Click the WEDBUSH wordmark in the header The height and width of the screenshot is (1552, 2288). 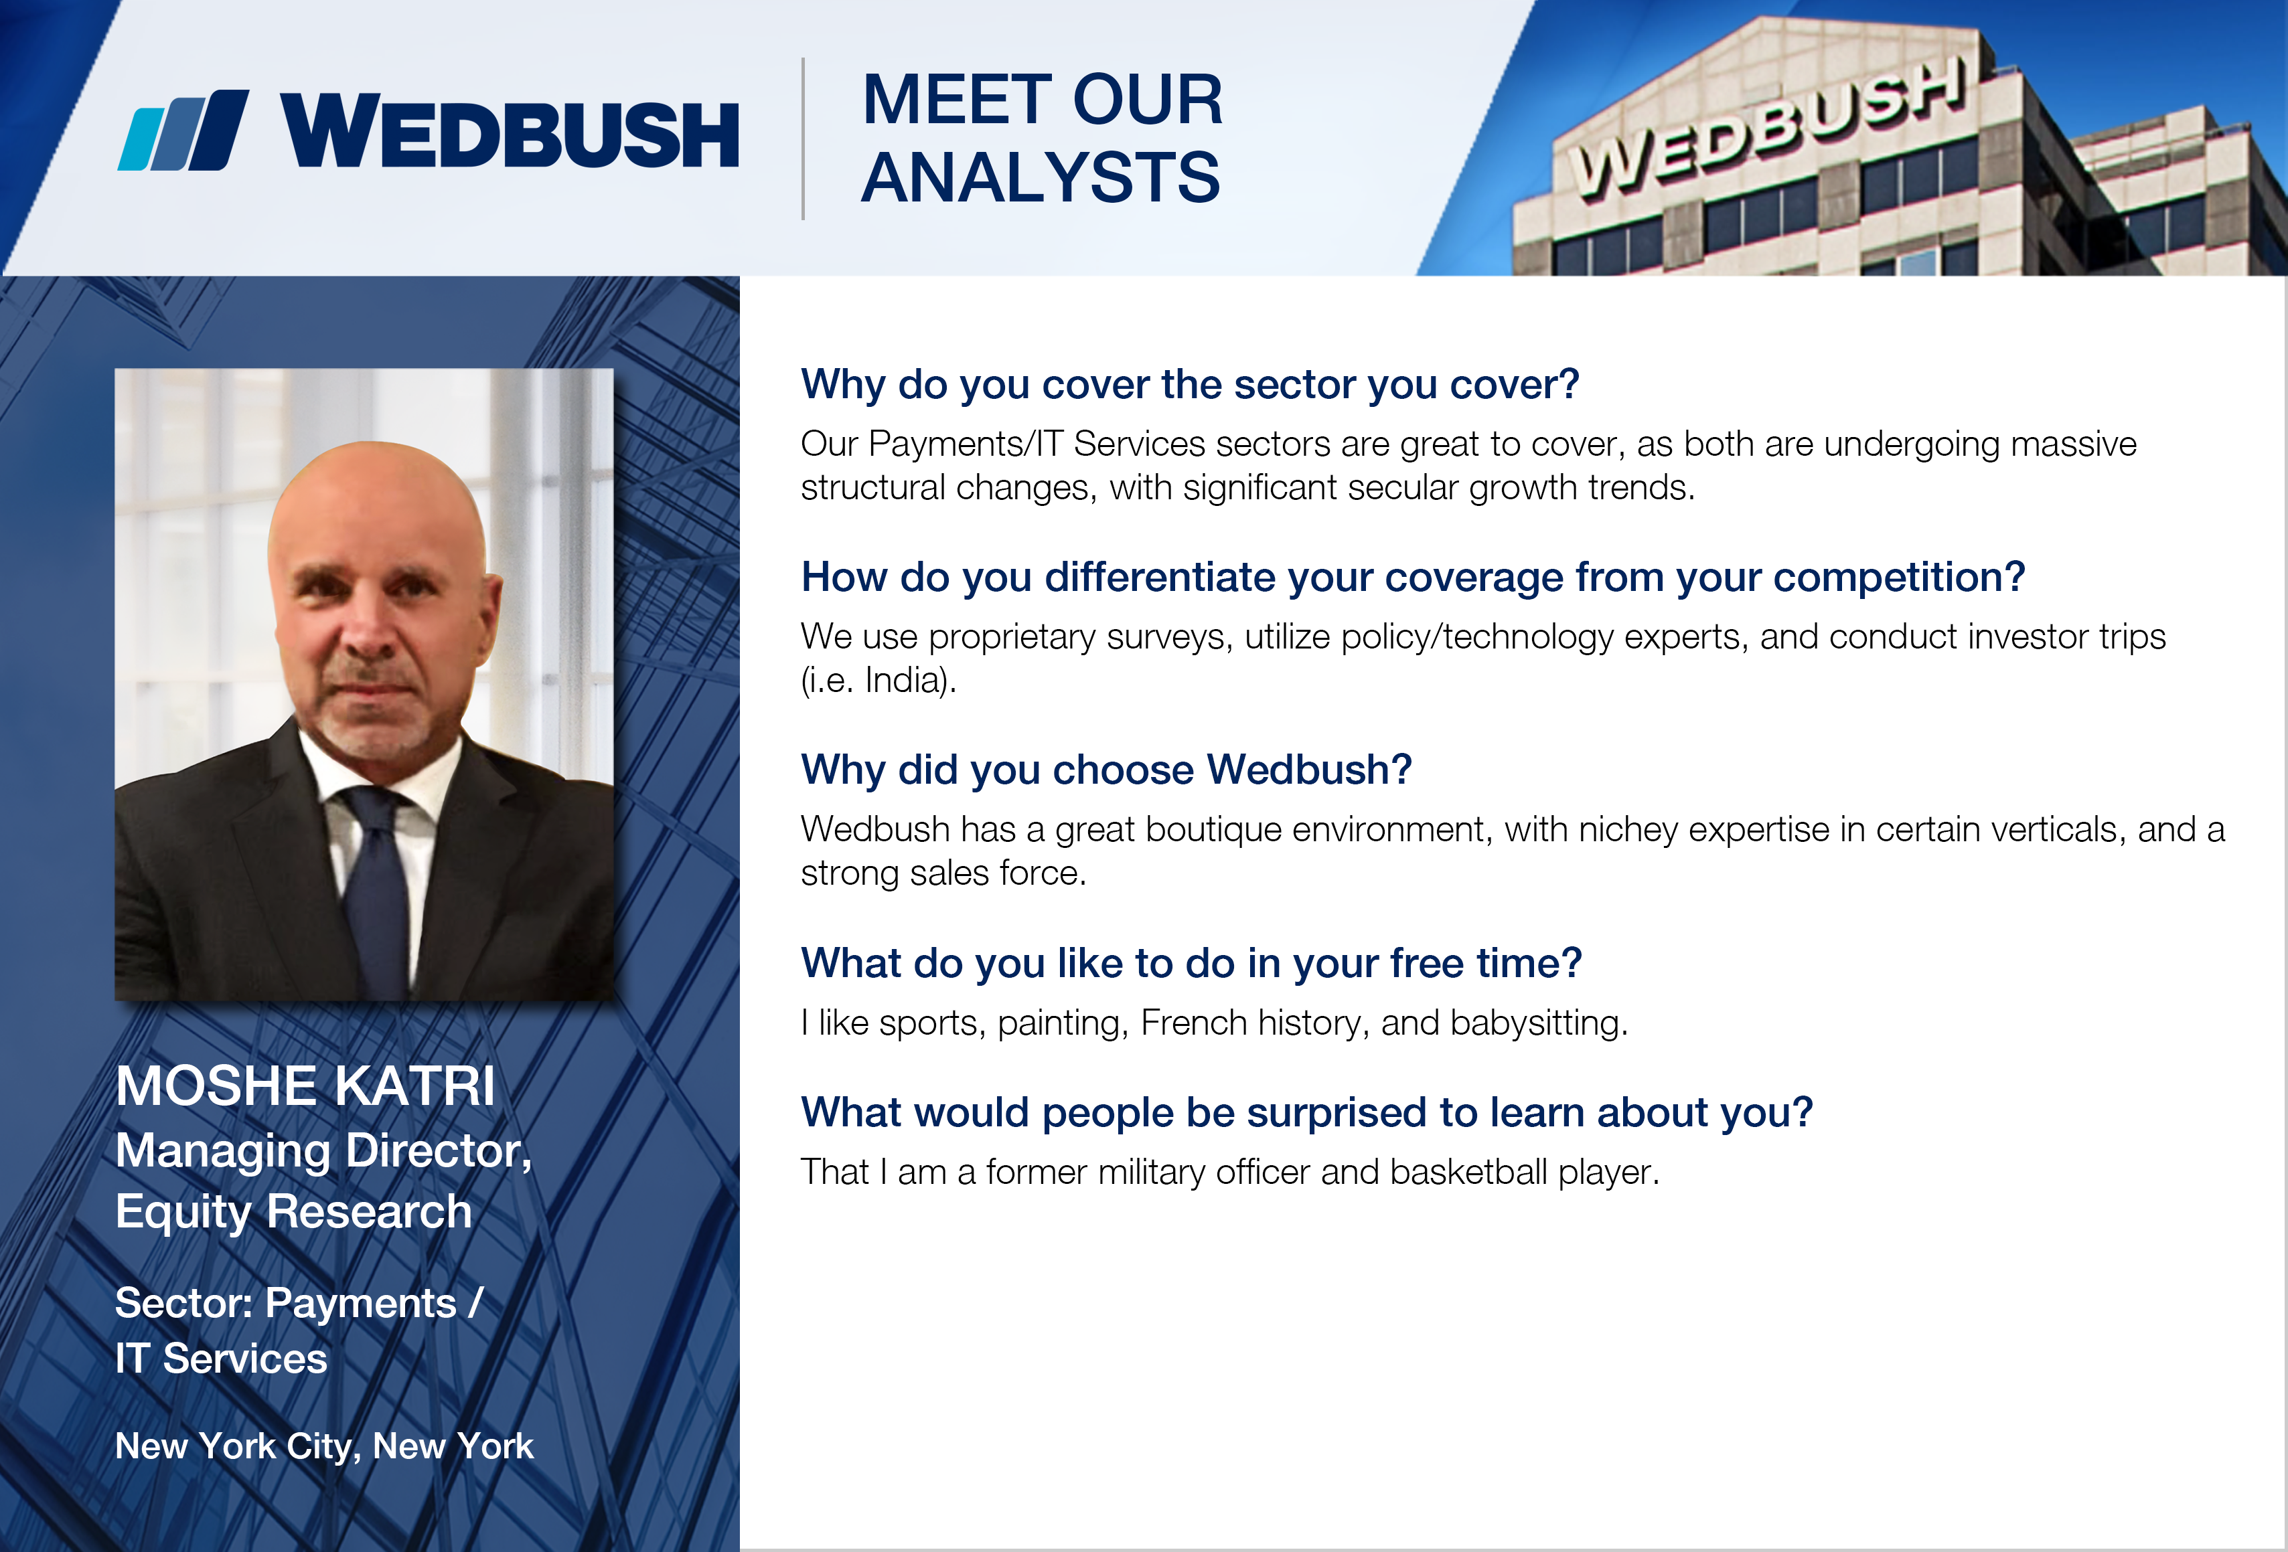tap(510, 132)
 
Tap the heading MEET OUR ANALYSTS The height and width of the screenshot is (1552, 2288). tap(1042, 138)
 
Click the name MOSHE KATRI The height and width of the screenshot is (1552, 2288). tap(305, 1086)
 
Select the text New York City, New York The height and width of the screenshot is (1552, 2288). tap(324, 1446)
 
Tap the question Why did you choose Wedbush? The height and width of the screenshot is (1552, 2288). tap(1107, 770)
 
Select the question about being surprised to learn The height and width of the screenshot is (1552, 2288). tap(1306, 1113)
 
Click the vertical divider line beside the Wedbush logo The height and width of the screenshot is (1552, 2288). tap(804, 138)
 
